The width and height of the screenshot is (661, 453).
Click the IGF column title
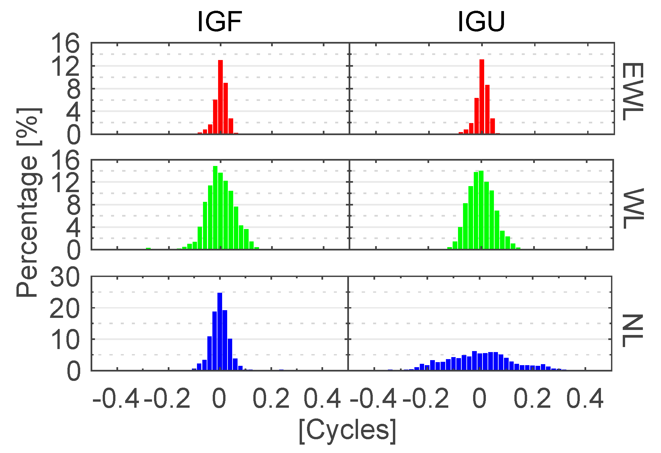[x=220, y=22]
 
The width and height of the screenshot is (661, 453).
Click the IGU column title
[x=481, y=22]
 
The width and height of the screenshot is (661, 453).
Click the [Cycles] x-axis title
[x=348, y=430]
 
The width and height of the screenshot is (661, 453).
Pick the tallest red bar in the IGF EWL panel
[x=220, y=97]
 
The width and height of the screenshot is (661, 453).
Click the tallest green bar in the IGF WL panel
[x=215, y=208]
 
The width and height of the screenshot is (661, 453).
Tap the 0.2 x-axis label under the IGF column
[x=271, y=399]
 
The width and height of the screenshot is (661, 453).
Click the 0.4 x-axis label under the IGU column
[x=585, y=399]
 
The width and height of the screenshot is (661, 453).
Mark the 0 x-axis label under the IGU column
[x=479, y=399]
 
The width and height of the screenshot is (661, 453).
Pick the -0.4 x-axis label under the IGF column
[x=116, y=399]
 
